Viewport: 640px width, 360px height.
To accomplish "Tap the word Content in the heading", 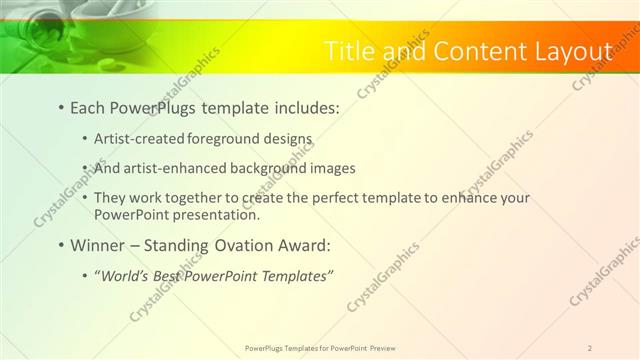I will click(465, 51).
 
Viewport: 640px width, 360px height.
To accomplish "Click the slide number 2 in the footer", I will click(590, 348).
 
